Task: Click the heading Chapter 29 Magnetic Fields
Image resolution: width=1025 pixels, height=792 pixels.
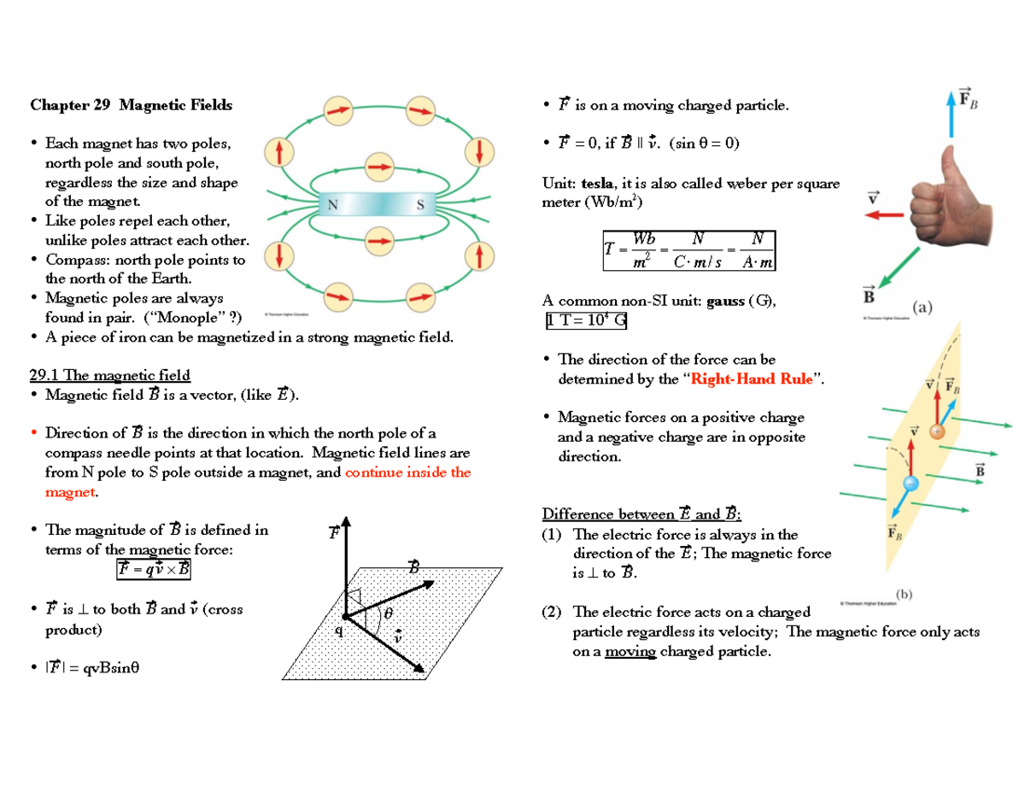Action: [131, 106]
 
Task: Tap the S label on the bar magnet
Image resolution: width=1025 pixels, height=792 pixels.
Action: [419, 204]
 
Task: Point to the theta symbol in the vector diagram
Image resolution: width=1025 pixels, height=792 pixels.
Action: [388, 614]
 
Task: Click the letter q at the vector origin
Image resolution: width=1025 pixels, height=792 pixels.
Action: [338, 631]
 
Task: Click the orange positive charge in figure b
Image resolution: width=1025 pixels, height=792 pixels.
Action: [936, 432]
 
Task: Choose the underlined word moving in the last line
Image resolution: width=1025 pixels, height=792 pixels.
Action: [630, 652]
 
